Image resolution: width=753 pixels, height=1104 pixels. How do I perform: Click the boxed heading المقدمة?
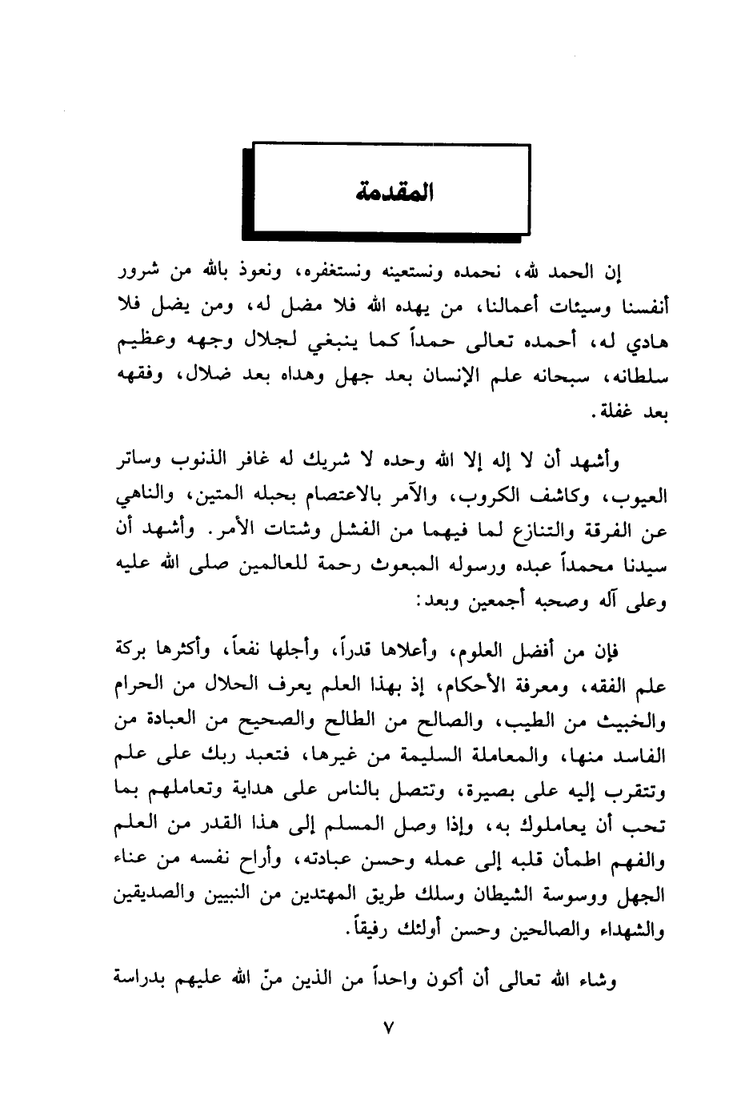(x=391, y=193)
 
